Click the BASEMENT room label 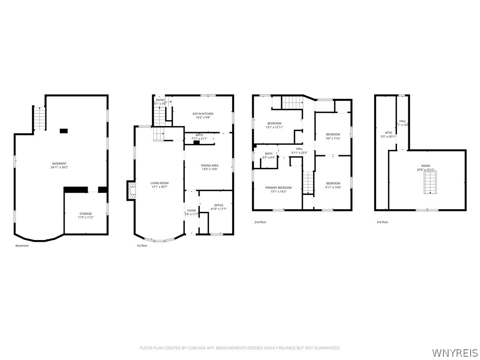point(59,163)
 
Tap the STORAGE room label point(85,214)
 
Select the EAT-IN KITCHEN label point(203,114)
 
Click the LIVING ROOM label point(159,183)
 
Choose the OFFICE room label point(218,205)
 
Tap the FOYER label point(192,211)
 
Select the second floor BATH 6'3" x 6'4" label point(269,154)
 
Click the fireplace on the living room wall point(132,191)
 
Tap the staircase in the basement point(40,119)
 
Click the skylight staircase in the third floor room point(429,183)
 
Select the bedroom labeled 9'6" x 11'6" point(333,135)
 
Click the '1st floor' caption point(142,246)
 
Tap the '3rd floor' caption point(382,222)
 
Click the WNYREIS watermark point(455,352)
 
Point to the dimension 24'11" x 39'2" point(59,167)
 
